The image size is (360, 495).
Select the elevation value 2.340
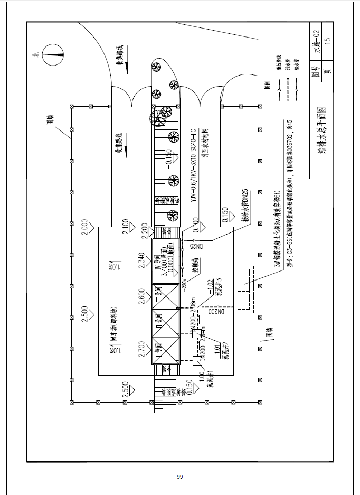[x=141, y=261]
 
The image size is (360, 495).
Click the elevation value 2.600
[x=141, y=296]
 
